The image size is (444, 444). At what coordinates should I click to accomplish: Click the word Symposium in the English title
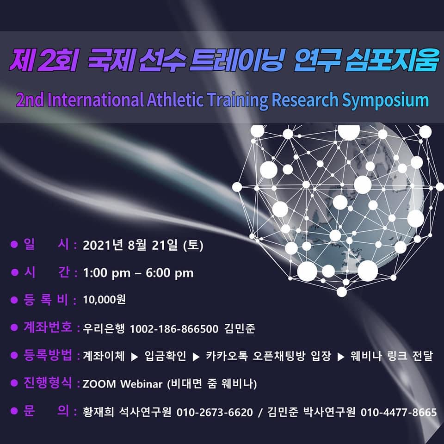click(385, 100)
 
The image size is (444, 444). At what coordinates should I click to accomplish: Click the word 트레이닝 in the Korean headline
click(236, 61)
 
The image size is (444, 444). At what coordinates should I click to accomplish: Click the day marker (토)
click(193, 245)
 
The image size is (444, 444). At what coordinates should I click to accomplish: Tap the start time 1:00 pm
click(107, 273)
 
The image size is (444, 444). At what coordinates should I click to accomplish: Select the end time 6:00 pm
click(170, 273)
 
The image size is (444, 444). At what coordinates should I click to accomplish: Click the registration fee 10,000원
click(104, 300)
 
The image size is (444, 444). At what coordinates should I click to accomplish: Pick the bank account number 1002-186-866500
click(174, 329)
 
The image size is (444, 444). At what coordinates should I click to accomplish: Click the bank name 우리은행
click(104, 329)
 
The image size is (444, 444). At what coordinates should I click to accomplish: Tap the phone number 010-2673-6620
click(215, 412)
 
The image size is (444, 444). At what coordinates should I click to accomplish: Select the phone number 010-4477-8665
click(399, 412)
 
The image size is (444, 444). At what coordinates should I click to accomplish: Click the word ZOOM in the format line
click(99, 384)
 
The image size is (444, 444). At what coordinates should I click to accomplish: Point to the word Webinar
click(142, 384)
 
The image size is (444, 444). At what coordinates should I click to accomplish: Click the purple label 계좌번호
click(48, 327)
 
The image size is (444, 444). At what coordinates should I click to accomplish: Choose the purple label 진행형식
click(48, 382)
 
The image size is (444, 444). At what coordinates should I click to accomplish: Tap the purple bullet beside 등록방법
click(14, 356)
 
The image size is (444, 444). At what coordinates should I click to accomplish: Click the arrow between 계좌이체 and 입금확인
click(135, 357)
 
